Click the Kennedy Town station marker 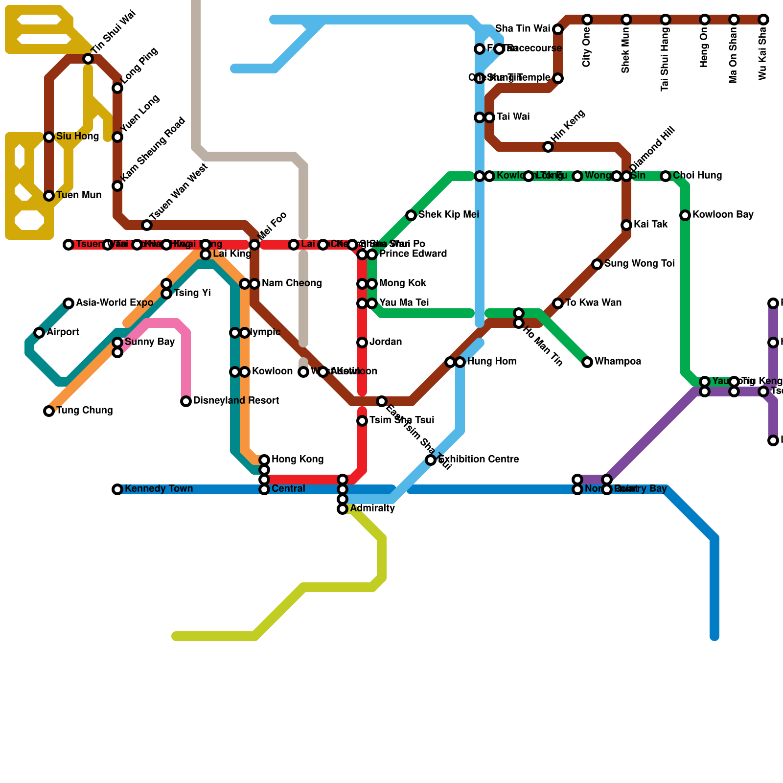pos(117,489)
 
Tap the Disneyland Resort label pos(236,401)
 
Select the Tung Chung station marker pos(49,411)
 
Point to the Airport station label pos(63,332)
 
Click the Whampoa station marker pos(587,362)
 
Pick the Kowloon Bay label pos(722,215)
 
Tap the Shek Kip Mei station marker pos(411,215)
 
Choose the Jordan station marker pos(362,343)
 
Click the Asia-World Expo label pos(115,303)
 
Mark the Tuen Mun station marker pos(49,196)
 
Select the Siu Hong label pos(77,137)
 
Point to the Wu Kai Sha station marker pos(763,20)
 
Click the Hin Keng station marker pos(548,147)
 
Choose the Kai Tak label pos(650,225)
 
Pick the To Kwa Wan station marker pos(558,303)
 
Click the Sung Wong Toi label pos(639,264)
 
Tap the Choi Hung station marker pos(666,176)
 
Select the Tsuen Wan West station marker pos(147,225)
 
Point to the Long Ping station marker pos(117,88)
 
